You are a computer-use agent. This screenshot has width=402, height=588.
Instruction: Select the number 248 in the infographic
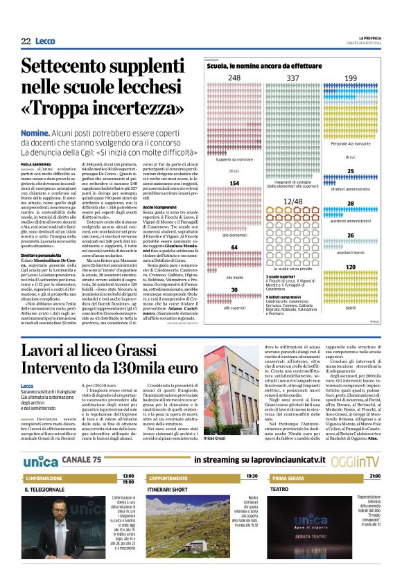[x=234, y=78]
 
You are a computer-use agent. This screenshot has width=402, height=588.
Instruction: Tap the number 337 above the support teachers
[x=293, y=78]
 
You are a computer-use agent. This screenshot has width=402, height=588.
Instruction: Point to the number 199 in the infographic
[x=351, y=78]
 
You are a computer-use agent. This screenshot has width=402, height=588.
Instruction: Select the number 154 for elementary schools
[x=234, y=184]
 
